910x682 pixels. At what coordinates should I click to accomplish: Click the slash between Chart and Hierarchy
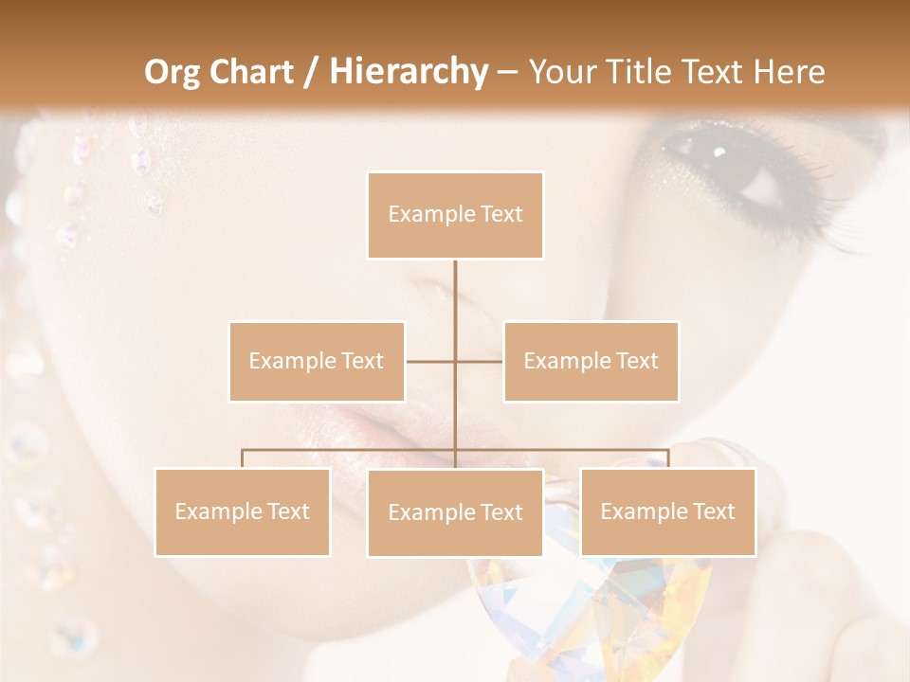click(x=311, y=72)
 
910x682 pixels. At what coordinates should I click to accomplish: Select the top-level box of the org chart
click(x=455, y=215)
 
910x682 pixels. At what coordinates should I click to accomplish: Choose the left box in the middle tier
click(x=317, y=361)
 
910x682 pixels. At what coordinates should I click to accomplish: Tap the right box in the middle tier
click(x=591, y=361)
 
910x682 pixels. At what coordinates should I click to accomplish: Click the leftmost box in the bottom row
click(x=242, y=511)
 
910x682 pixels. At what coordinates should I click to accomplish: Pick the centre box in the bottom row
click(x=455, y=512)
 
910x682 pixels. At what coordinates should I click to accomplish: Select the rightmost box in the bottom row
click(x=667, y=511)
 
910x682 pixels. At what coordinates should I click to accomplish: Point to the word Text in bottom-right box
click(x=713, y=511)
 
